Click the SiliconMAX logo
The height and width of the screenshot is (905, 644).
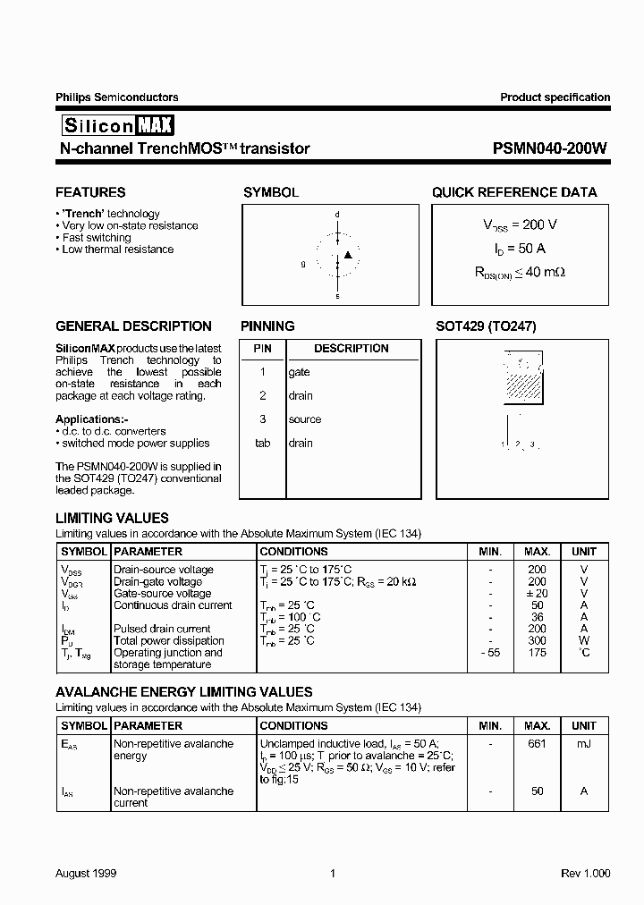point(115,125)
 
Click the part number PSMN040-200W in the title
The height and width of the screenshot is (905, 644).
point(550,149)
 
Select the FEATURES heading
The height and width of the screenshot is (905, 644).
point(90,192)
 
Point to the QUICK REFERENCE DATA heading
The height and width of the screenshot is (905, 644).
point(514,192)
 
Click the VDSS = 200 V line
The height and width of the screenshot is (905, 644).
point(514,225)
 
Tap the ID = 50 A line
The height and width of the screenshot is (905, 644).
point(514,248)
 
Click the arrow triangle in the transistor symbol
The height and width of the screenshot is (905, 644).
point(349,256)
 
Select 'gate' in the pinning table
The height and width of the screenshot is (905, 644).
point(299,372)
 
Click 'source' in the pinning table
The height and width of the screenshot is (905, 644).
point(304,419)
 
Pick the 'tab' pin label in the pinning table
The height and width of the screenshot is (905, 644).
point(262,443)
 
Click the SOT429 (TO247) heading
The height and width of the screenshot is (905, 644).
point(486,326)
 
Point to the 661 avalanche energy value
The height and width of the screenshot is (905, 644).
point(536,744)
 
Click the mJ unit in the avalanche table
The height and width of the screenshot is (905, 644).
point(584,744)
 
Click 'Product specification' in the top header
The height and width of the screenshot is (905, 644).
point(555,97)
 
